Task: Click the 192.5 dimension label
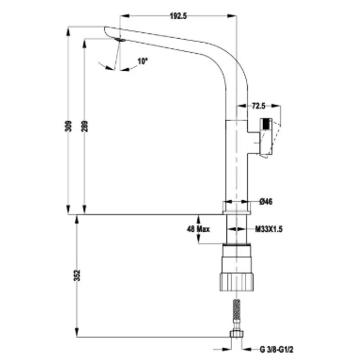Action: click(178, 16)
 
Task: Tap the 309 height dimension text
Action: click(68, 126)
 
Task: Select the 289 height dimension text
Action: click(85, 126)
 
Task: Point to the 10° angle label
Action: click(143, 61)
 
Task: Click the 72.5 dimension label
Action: click(258, 106)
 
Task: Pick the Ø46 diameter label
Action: click(266, 202)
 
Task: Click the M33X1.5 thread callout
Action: click(269, 229)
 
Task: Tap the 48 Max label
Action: click(198, 229)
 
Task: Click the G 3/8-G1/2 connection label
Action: click(276, 350)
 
